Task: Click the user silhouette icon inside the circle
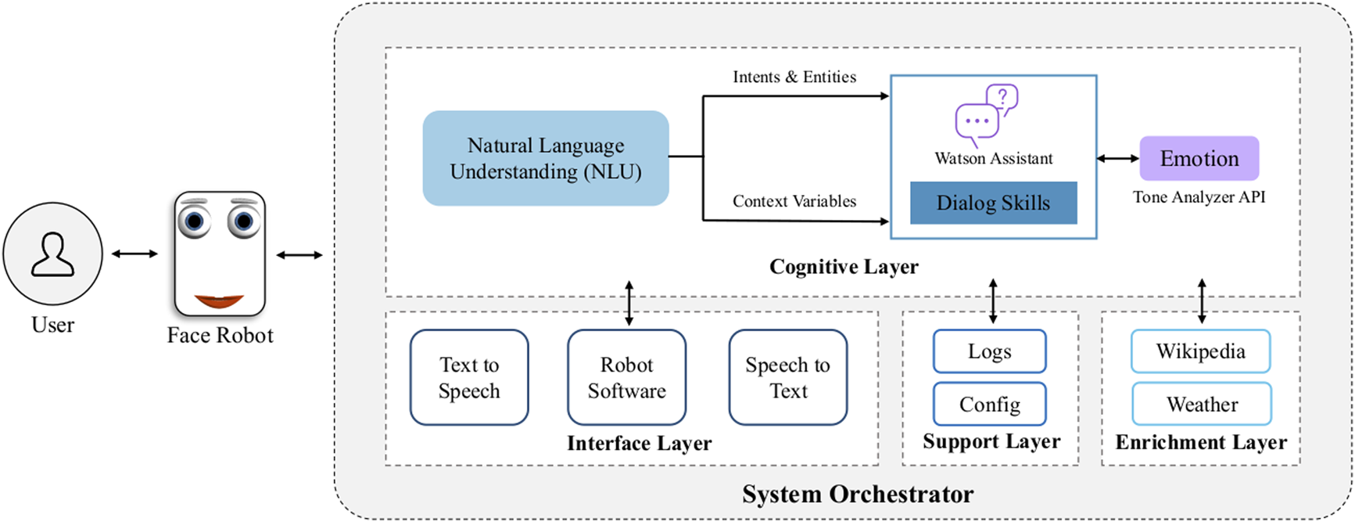(52, 254)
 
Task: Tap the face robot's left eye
(194, 221)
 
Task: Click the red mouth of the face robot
(219, 301)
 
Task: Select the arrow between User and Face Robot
(134, 254)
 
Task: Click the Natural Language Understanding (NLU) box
(545, 158)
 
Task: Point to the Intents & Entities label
(794, 77)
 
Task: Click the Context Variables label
(794, 201)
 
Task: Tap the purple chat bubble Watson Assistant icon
(985, 114)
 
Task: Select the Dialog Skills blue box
(993, 203)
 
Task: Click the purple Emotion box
(1199, 158)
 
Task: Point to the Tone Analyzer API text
(1199, 197)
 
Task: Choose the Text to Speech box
(469, 377)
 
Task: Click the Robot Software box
(626, 377)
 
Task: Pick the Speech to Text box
(787, 377)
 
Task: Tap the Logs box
(989, 351)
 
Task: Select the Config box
(989, 404)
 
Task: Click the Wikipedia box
(1200, 351)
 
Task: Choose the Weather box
(1202, 404)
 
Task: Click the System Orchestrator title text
(858, 495)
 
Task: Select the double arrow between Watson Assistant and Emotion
(1117, 158)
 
